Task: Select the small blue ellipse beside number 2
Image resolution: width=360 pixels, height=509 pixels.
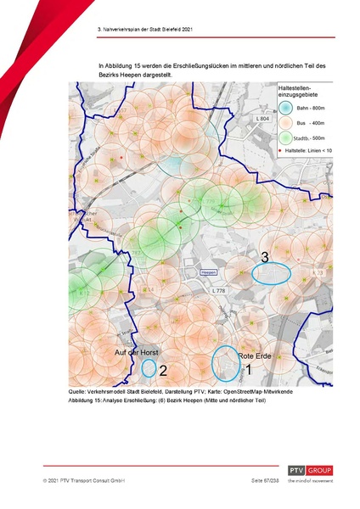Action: click(149, 368)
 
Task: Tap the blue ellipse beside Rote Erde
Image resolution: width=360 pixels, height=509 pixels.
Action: click(226, 362)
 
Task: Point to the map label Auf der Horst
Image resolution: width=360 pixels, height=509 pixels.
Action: click(138, 351)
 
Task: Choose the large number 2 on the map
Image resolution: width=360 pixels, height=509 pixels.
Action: click(162, 371)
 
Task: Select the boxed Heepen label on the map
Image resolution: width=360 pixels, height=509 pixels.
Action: click(209, 272)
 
